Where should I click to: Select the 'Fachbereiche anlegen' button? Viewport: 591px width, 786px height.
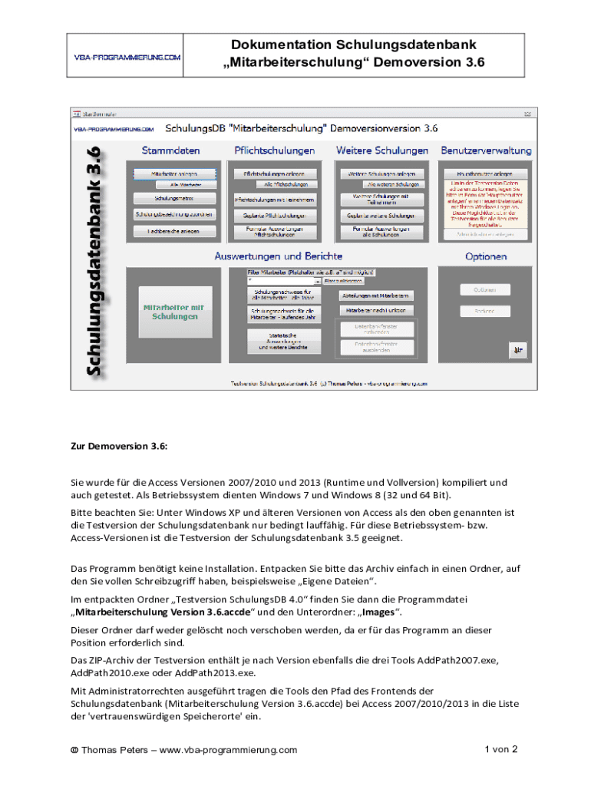coord(173,230)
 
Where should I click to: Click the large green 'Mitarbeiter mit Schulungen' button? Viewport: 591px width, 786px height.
coord(174,311)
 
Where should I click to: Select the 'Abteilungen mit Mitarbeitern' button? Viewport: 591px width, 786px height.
coord(379,295)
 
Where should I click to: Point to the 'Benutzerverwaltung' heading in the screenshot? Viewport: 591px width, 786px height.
coord(487,150)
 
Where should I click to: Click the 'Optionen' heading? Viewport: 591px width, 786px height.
coord(486,256)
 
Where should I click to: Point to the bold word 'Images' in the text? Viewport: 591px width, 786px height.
coord(376,613)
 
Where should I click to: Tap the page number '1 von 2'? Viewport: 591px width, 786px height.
coord(501,749)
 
